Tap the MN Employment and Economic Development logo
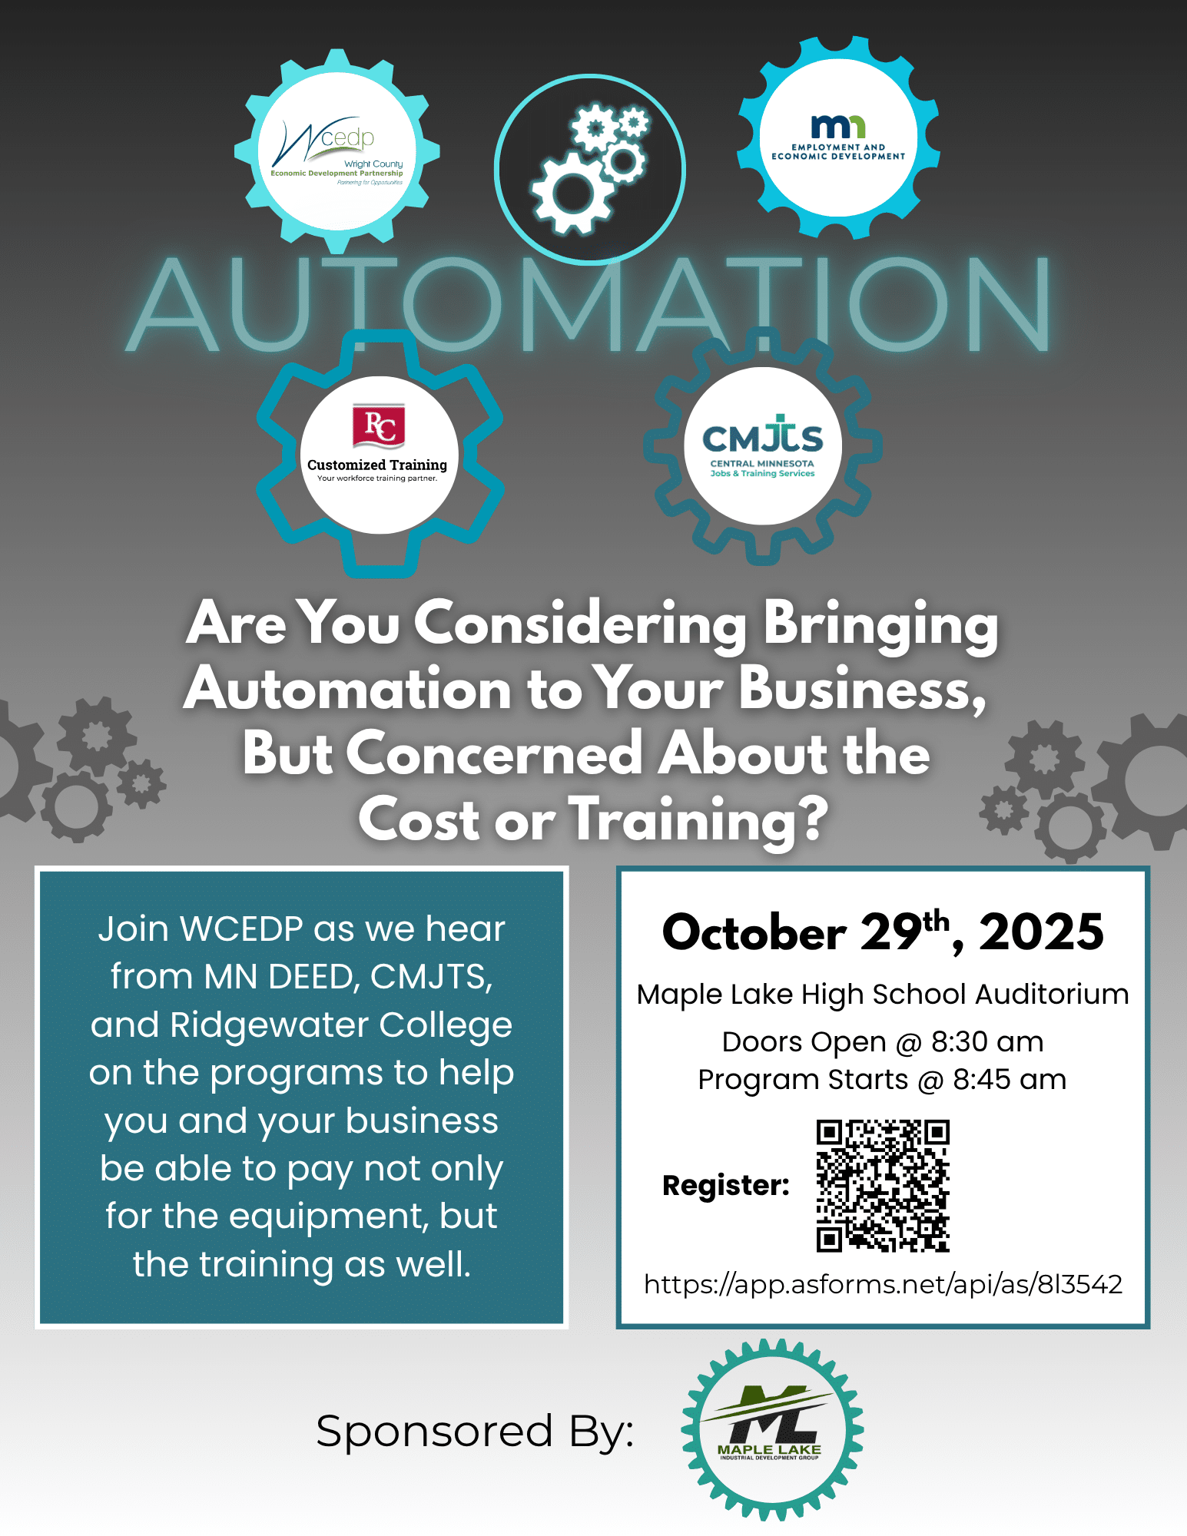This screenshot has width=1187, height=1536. click(x=838, y=137)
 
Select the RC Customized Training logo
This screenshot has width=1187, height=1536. click(x=379, y=454)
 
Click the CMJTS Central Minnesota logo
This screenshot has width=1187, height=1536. click(x=762, y=446)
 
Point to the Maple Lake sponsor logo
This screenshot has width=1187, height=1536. click(x=771, y=1430)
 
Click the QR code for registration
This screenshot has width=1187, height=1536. click(x=883, y=1186)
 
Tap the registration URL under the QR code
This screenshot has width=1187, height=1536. click(x=883, y=1284)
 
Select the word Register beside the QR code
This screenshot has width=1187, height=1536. click(x=725, y=1186)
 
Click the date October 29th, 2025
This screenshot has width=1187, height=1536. click(x=883, y=932)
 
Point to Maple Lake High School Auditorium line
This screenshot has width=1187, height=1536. click(x=883, y=995)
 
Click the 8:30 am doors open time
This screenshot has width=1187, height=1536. click(x=987, y=1042)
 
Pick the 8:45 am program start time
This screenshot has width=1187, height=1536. click(x=1009, y=1080)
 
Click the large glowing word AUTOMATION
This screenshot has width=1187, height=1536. click(x=589, y=306)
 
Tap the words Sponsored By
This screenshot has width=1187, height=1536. click(x=475, y=1432)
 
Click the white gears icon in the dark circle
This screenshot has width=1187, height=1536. click(x=590, y=170)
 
